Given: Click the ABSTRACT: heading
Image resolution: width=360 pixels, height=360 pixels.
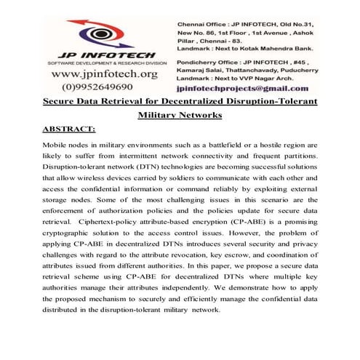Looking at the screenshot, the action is [69, 129].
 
